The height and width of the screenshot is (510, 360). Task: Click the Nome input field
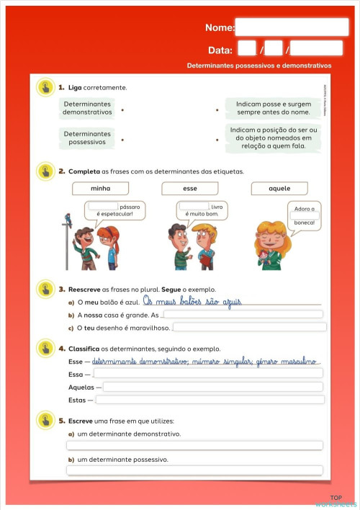291,27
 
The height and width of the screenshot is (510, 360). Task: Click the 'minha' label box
100,189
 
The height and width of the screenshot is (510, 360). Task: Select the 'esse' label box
190,189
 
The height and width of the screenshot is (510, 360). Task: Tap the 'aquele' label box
279,189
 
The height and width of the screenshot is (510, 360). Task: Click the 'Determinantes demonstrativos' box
87,109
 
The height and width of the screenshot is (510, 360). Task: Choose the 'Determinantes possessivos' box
87,138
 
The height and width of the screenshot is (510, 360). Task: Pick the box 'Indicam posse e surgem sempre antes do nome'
273,109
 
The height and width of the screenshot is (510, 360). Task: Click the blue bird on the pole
68,218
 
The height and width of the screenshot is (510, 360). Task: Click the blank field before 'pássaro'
104,206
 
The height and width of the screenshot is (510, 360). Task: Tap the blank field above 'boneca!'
304,215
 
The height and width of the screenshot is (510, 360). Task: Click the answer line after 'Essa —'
208,373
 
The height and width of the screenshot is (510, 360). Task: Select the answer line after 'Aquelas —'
213,387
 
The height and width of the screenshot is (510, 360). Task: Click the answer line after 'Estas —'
210,400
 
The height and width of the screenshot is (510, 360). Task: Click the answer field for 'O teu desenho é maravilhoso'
249,327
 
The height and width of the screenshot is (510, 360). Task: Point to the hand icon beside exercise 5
45,420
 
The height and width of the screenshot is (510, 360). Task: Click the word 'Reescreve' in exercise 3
84,289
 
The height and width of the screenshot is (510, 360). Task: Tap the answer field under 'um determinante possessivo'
194,470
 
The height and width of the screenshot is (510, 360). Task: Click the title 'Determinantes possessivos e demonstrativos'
259,65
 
